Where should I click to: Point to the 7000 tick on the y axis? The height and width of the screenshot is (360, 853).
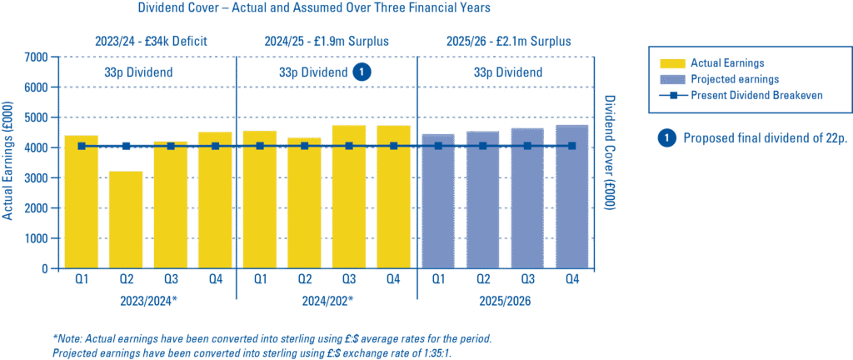click(36, 57)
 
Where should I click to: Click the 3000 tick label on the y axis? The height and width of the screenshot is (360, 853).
click(36, 178)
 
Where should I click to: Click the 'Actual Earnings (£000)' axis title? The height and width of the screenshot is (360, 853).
click(7, 162)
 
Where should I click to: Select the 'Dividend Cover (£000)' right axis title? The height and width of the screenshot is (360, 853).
click(609, 162)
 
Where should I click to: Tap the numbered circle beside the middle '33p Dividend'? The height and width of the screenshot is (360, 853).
click(361, 72)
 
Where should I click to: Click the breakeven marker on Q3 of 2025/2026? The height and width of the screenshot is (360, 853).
click(527, 146)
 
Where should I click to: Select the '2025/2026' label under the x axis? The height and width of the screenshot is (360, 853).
click(504, 300)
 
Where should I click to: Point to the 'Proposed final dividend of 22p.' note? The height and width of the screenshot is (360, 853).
click(764, 138)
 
